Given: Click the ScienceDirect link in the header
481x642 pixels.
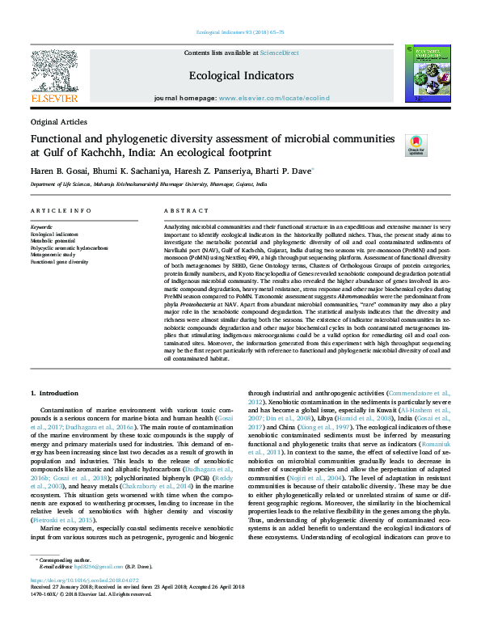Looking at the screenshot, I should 279,53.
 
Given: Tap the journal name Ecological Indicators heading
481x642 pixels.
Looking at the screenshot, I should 241,75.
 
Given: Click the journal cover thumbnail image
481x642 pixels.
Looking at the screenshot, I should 428,74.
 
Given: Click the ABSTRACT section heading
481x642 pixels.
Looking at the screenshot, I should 181,210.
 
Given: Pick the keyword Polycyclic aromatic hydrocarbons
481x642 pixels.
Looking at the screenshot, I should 69,247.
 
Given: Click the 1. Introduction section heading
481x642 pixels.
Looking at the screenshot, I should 54,393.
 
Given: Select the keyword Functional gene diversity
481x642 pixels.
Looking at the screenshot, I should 59,262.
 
